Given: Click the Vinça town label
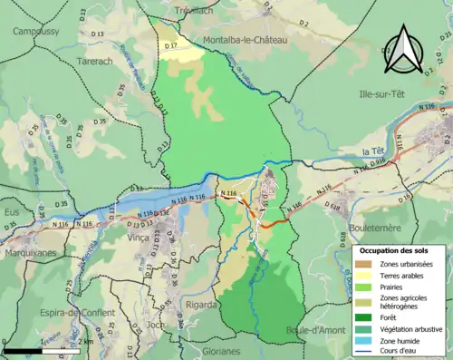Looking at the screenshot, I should pos(139,261).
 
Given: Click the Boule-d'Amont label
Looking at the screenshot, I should pos(315,330).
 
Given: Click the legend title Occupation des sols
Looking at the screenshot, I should pos(397,250).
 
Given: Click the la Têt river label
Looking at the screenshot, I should pos(374,151).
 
